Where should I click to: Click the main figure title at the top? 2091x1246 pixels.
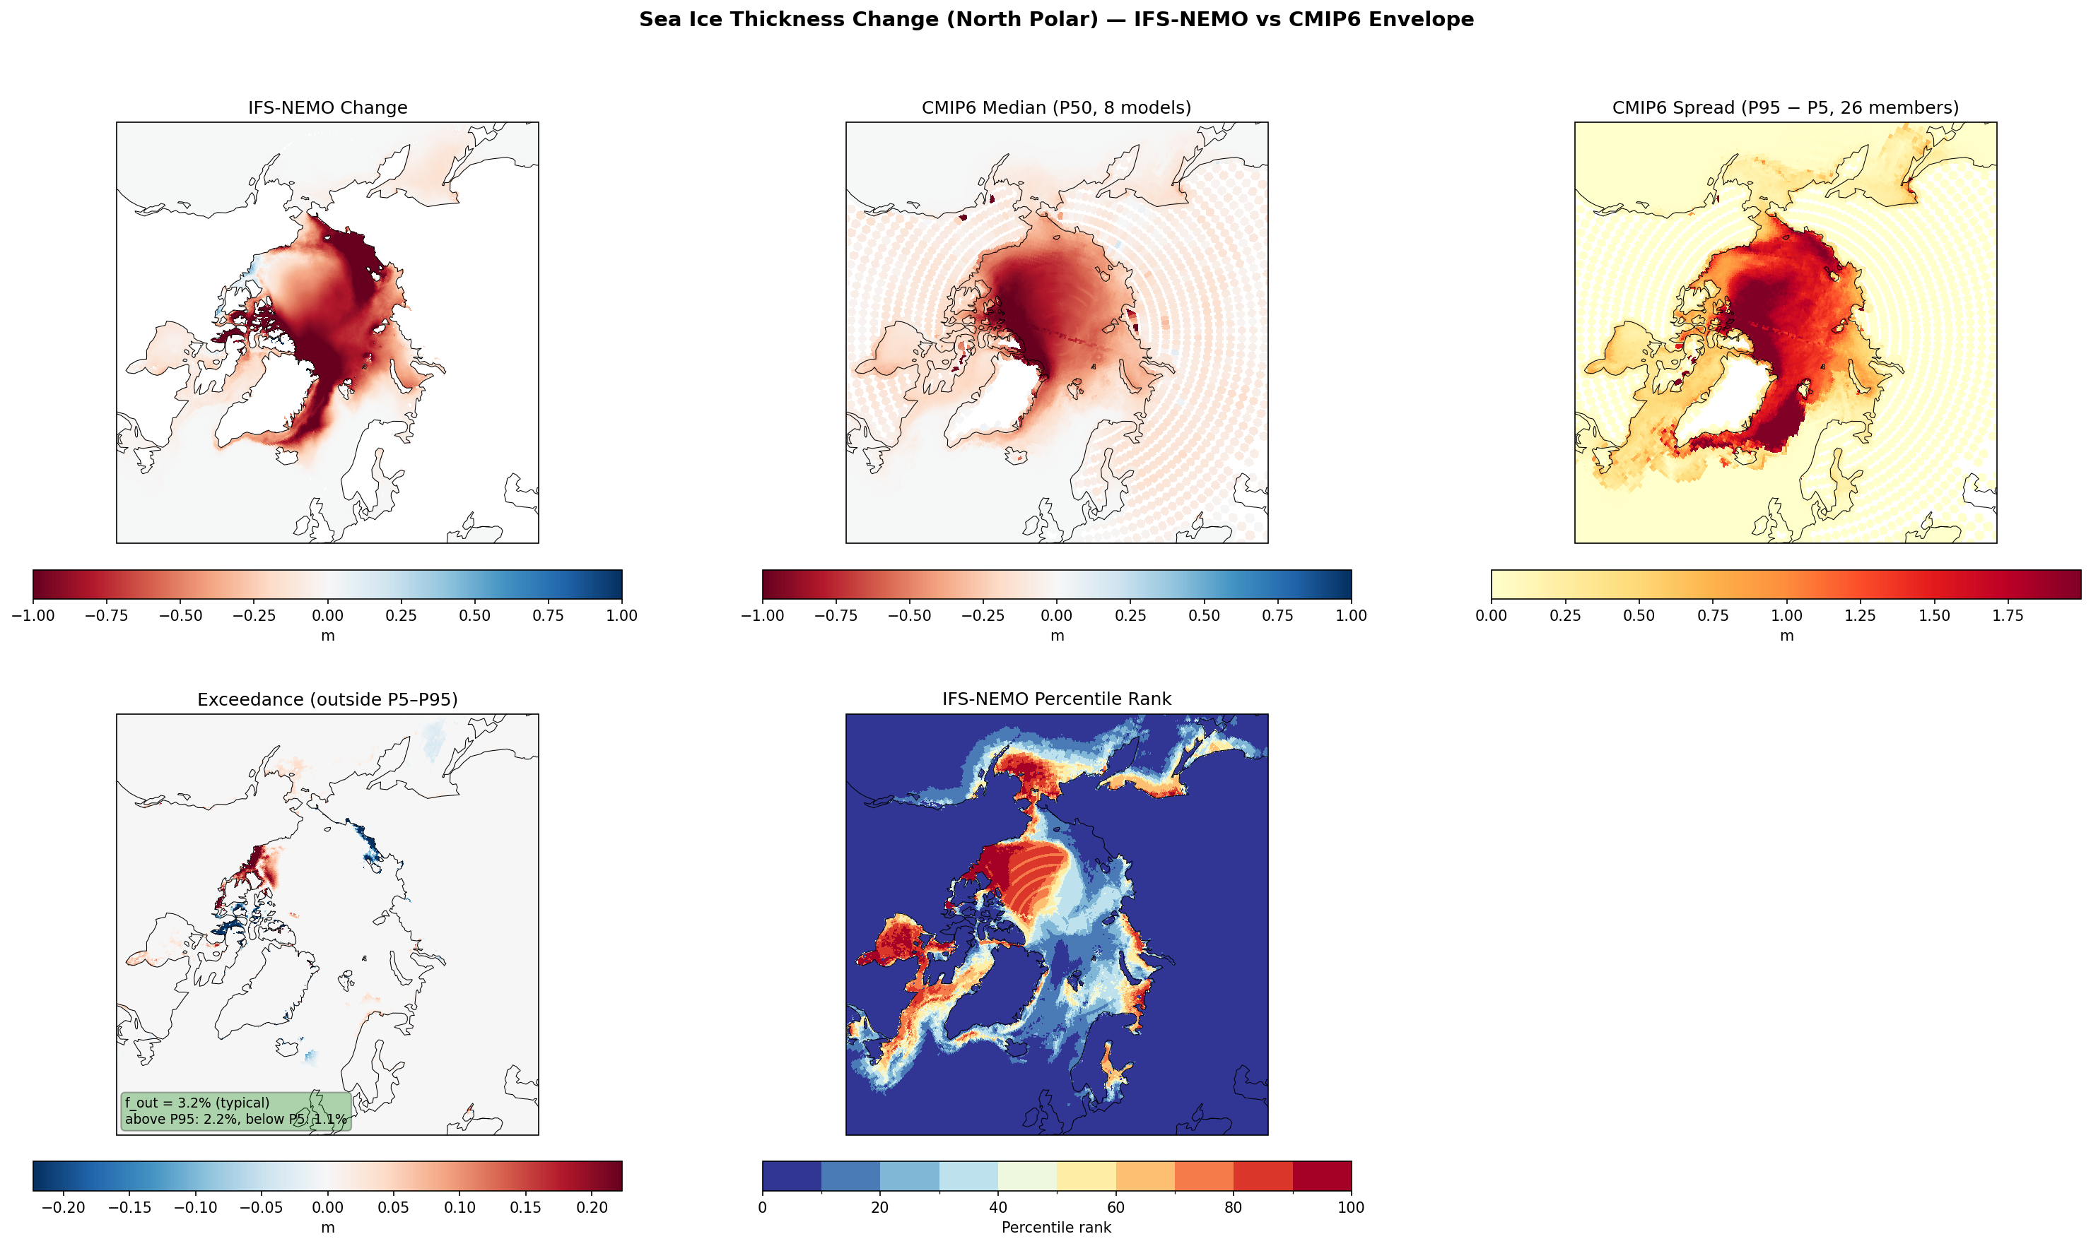(x=1056, y=19)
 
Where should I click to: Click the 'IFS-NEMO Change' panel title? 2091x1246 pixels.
(x=327, y=107)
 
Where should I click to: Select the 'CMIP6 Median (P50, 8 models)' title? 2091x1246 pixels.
(x=1056, y=107)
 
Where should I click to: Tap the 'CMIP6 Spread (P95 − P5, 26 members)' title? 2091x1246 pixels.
(x=1785, y=107)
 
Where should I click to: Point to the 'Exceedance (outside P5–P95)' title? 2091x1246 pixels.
(x=327, y=699)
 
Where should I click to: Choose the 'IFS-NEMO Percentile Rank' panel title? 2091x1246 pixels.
(x=1056, y=699)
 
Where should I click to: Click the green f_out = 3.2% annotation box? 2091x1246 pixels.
(x=236, y=1111)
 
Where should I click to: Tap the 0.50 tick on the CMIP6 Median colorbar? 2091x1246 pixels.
(x=1204, y=615)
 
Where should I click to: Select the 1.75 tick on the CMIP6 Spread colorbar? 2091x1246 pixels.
(x=2008, y=615)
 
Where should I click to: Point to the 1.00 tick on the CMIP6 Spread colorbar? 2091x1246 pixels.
(x=1787, y=615)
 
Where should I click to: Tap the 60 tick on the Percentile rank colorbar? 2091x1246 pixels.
(x=1115, y=1207)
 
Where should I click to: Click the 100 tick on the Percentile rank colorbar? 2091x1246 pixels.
(x=1351, y=1207)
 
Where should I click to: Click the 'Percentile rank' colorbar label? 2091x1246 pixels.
(x=1056, y=1228)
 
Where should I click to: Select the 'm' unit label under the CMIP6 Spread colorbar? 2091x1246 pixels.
(x=1787, y=636)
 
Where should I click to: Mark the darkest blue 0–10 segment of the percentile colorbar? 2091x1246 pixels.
(x=792, y=1175)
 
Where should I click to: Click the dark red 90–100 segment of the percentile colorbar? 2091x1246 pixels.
(x=1321, y=1175)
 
